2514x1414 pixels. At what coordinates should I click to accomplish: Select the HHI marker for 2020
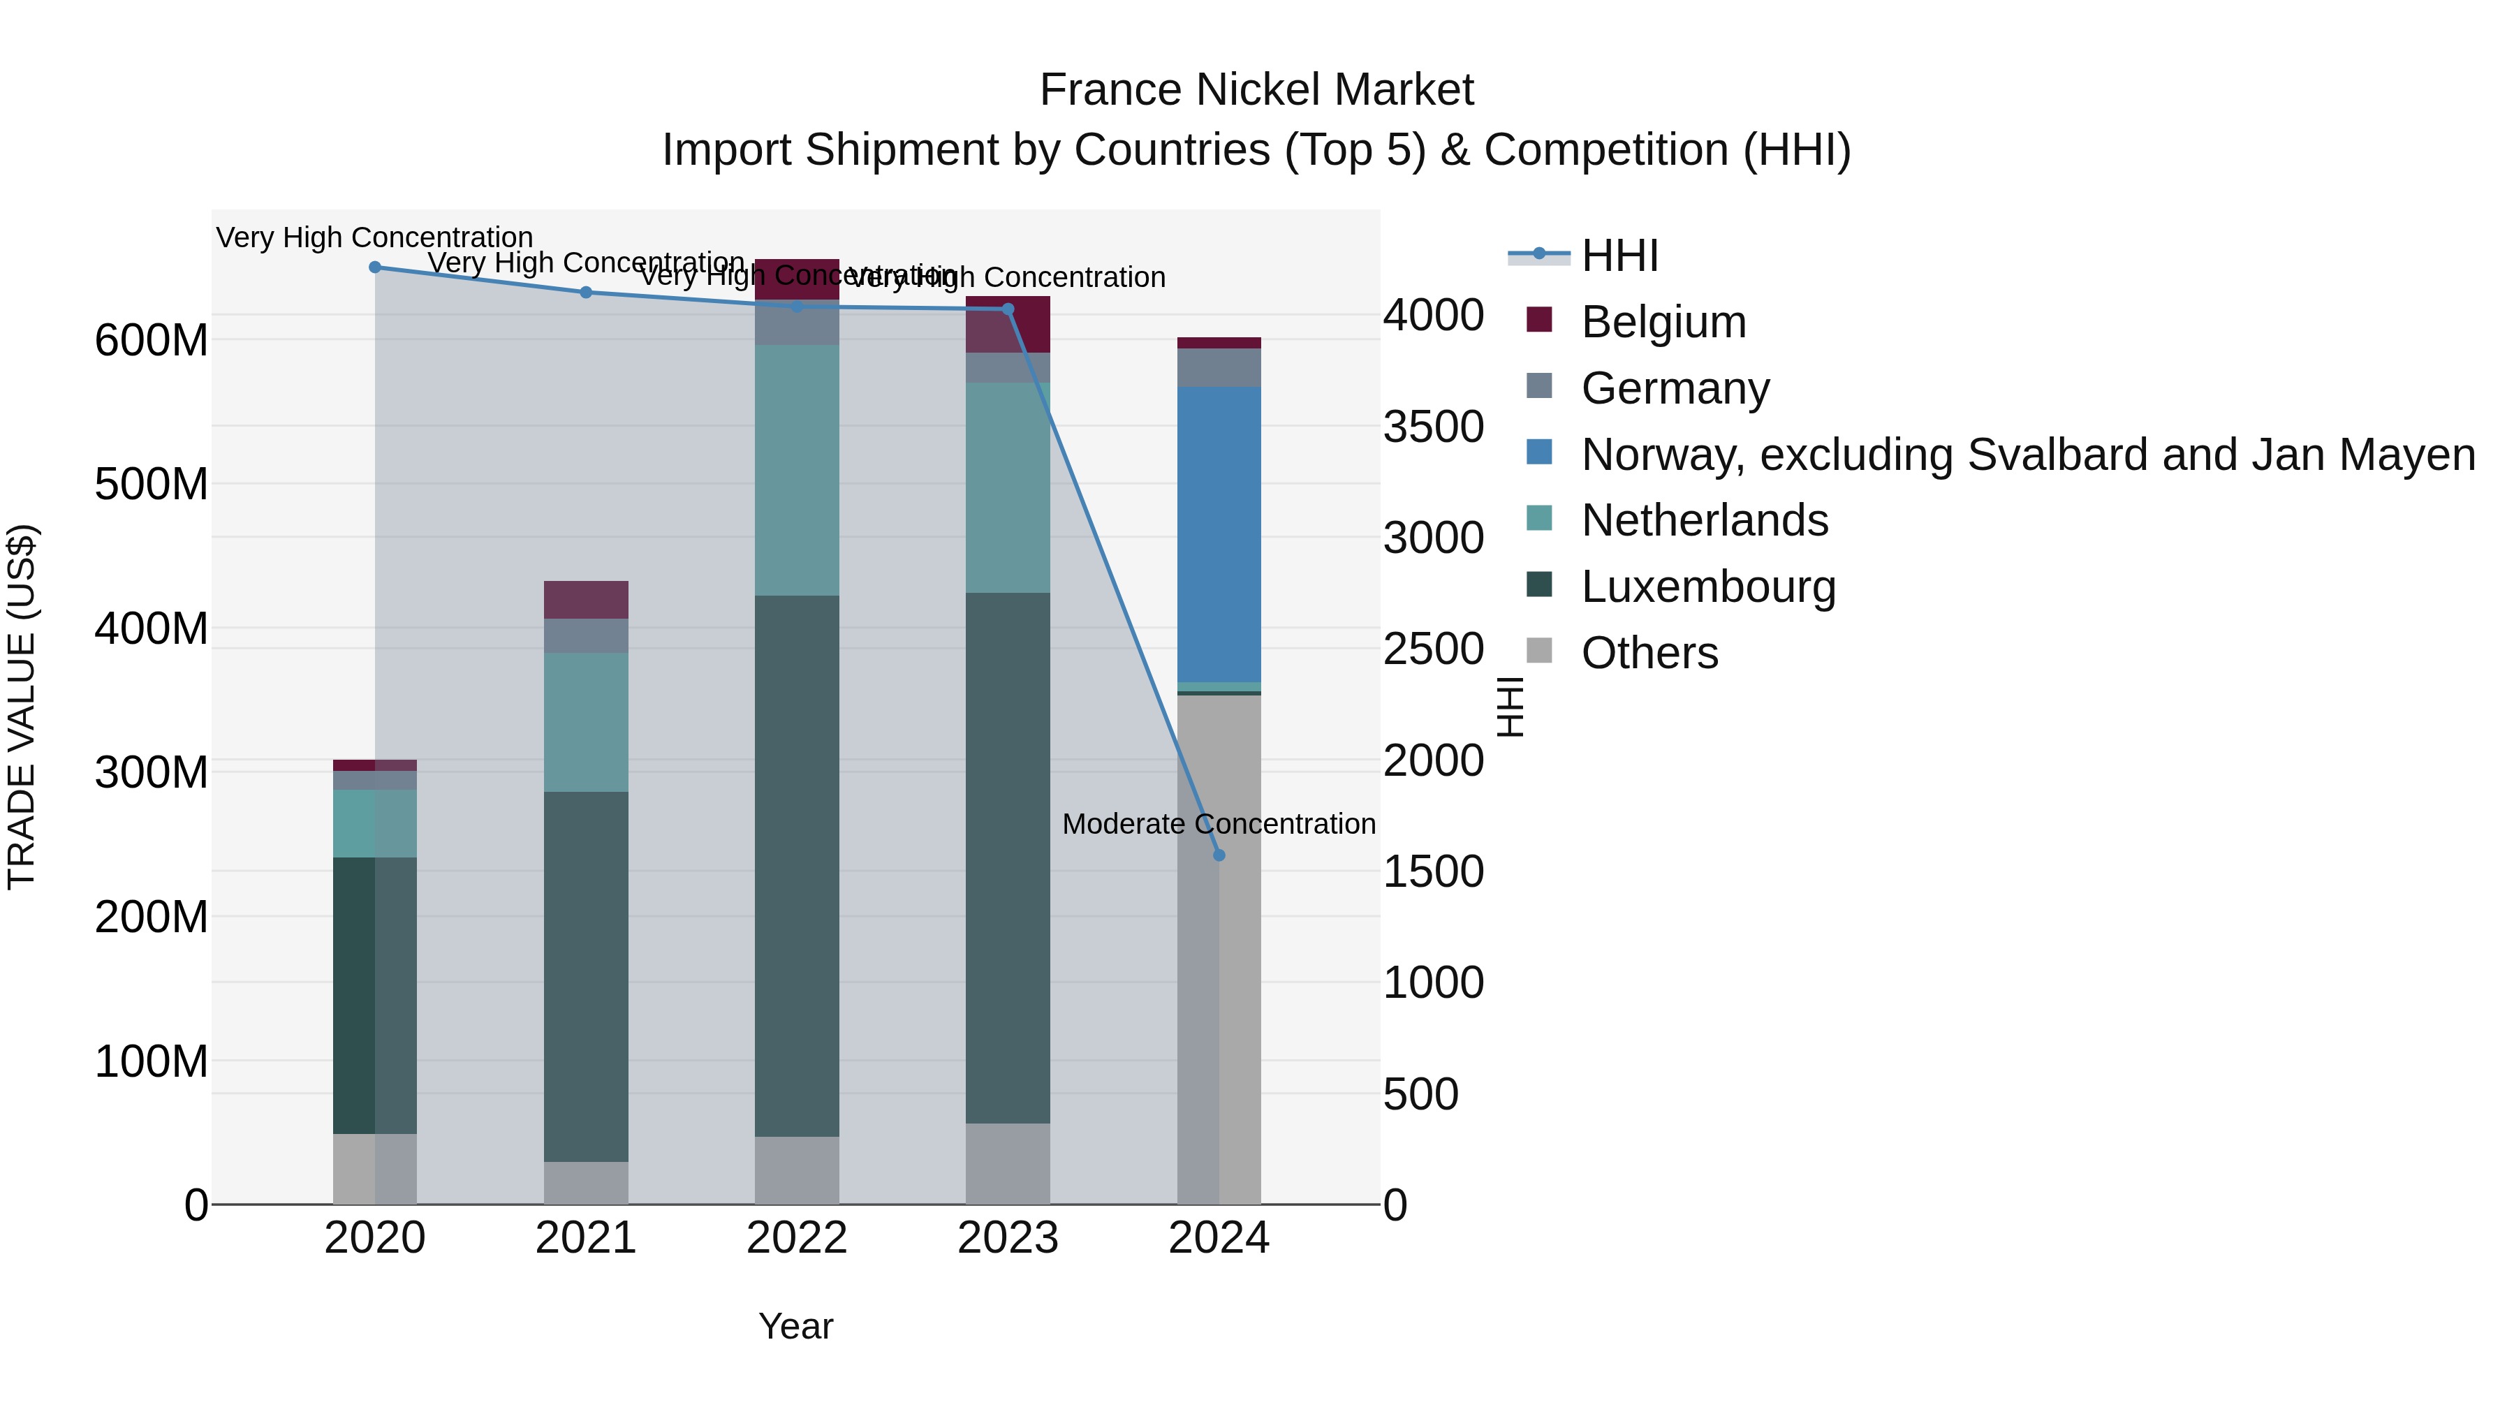[x=375, y=267]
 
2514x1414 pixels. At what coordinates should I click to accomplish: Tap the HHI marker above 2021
[x=586, y=293]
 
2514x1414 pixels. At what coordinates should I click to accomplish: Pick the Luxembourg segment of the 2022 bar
[x=796, y=866]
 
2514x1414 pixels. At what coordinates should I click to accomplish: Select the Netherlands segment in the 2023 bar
[x=1007, y=488]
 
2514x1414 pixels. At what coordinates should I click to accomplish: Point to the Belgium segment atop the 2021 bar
[x=586, y=600]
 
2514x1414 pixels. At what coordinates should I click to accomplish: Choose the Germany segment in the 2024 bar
[x=1219, y=368]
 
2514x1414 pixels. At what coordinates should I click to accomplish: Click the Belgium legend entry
[x=1663, y=322]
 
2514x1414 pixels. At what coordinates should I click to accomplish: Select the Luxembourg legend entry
[x=1708, y=587]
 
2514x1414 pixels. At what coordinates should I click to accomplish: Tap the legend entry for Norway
[x=2027, y=455]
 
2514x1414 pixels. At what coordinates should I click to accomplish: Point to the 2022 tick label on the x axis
[x=796, y=1238]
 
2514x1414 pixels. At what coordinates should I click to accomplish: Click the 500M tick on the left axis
[x=152, y=484]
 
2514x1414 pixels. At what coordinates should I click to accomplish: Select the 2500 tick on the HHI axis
[x=1433, y=649]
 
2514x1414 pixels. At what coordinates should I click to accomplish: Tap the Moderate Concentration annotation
[x=1219, y=825]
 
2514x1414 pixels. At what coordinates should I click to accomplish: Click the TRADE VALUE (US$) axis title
[x=22, y=707]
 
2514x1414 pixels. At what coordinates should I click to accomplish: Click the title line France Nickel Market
[x=1256, y=90]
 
